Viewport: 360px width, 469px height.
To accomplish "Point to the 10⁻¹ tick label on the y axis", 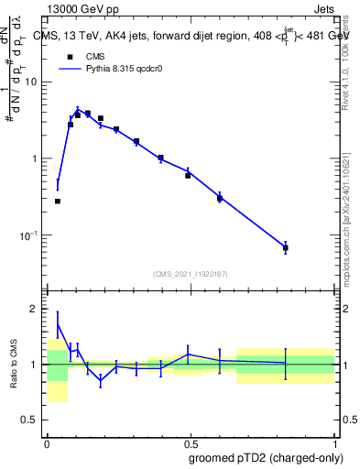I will [x=31, y=235].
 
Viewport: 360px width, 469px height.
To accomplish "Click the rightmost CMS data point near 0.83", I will [x=286, y=247].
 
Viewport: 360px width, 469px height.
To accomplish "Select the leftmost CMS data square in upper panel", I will [x=58, y=201].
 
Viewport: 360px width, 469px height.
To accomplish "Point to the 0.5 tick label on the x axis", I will [x=191, y=442].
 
